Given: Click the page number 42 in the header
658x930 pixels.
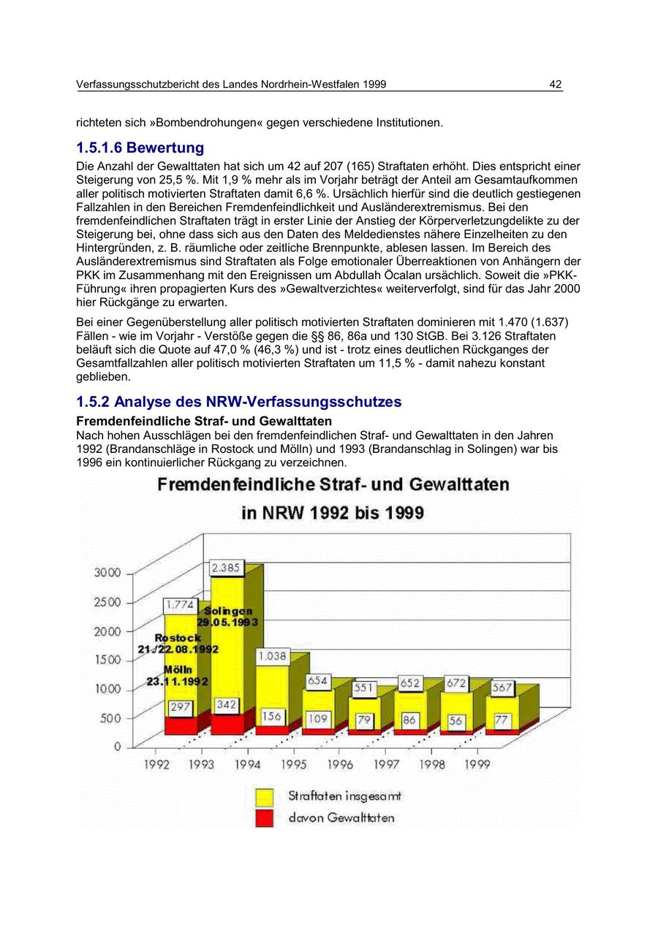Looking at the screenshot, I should click(x=556, y=85).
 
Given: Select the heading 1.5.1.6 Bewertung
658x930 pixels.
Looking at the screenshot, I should click(x=140, y=148).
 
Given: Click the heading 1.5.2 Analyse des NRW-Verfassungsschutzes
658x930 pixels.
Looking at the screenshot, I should click(x=239, y=403).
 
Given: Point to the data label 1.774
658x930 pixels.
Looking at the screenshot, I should click(x=180, y=605).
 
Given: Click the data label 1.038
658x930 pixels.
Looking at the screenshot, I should click(x=271, y=657).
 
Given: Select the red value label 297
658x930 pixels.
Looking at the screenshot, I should click(x=180, y=707).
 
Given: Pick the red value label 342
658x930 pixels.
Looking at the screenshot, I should click(x=227, y=705).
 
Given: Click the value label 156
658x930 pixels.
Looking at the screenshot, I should click(x=272, y=717).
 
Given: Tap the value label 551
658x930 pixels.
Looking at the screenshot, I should click(x=363, y=688).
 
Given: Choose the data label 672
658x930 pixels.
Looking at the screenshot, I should click(x=456, y=683).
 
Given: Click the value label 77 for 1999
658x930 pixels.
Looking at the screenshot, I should click(x=501, y=720).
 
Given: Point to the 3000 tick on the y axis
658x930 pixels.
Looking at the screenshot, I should click(x=107, y=573).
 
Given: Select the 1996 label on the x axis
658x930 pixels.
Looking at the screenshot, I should click(x=339, y=765).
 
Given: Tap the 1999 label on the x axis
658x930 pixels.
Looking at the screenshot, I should click(x=477, y=765).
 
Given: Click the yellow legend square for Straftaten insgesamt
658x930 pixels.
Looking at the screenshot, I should click(x=264, y=796).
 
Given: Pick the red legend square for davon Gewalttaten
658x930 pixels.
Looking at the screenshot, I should click(x=264, y=818).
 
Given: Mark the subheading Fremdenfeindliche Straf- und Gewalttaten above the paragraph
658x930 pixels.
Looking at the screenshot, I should click(x=204, y=422).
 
